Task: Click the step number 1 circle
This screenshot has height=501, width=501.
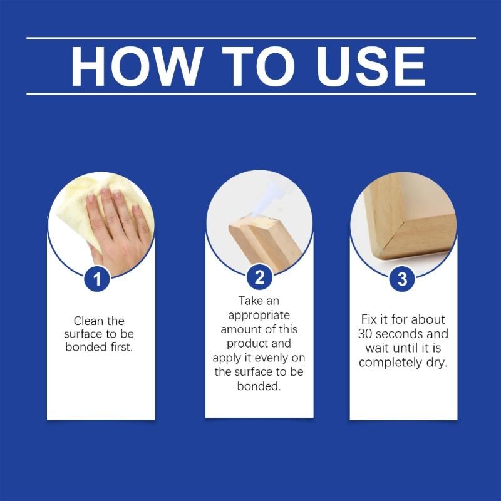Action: tap(97, 278)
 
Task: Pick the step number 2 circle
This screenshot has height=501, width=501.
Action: tap(259, 276)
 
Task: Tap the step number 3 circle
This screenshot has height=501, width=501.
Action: tap(402, 279)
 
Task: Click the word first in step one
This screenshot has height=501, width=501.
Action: tap(120, 347)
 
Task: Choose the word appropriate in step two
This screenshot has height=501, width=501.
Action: tap(259, 315)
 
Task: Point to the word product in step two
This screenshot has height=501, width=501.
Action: tap(248, 344)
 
